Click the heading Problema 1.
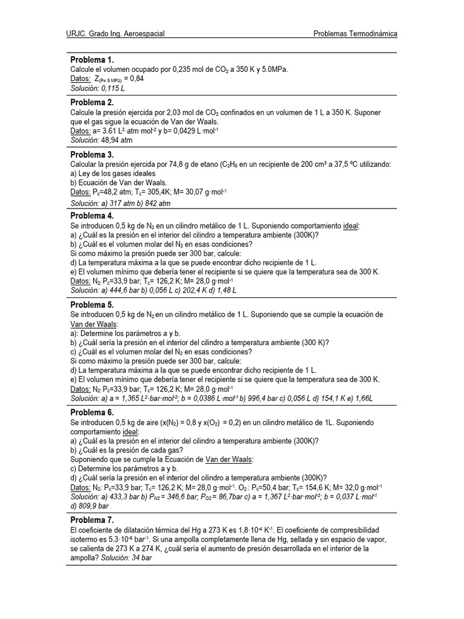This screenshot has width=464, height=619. pyautogui.click(x=92, y=60)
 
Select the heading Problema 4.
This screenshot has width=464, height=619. pyautogui.click(x=92, y=216)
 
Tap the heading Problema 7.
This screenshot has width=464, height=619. pyautogui.click(x=92, y=520)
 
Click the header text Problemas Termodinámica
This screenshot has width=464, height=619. pyautogui.click(x=355, y=34)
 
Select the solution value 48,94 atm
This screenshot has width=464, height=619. pyautogui.click(x=116, y=140)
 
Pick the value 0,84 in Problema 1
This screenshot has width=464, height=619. pyautogui.click(x=137, y=79)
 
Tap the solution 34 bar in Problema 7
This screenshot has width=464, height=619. pyautogui.click(x=140, y=558)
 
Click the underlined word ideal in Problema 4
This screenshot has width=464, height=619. pyautogui.click(x=350, y=225)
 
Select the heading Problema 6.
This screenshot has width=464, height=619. pyautogui.click(x=92, y=412)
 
